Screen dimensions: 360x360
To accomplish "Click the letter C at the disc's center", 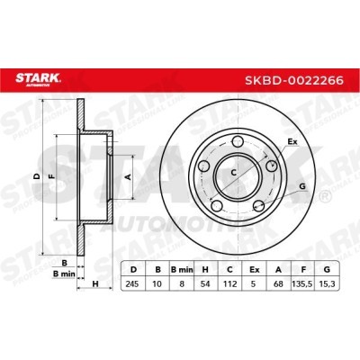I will pyautogui.click(x=234, y=173).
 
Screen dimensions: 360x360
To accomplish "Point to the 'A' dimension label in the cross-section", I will pyautogui.click(x=127, y=177).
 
